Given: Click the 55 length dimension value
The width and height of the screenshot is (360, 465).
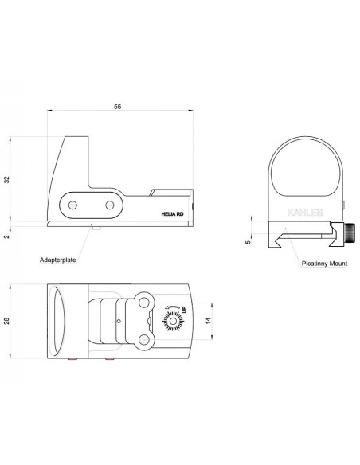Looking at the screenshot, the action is (118, 107).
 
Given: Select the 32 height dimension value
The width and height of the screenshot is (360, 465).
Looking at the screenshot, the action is (6, 180).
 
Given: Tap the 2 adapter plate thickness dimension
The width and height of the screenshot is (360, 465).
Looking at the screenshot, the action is (7, 236).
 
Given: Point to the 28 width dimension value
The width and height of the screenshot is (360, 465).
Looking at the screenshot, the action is (6, 321).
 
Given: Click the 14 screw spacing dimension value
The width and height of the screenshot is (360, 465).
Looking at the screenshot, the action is (208, 320).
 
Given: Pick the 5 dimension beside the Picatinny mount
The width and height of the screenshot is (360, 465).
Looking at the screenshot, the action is (248, 242).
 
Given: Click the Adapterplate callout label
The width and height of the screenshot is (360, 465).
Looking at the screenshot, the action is (58, 260).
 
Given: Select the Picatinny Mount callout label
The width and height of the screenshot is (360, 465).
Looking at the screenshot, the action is (324, 264).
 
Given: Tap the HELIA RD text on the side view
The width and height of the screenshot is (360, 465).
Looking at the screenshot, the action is (172, 214).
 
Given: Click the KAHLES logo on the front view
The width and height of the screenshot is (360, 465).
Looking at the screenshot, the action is (305, 213).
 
